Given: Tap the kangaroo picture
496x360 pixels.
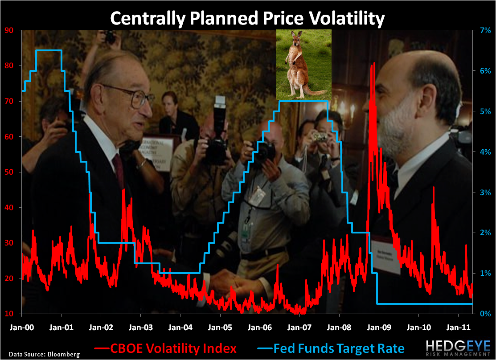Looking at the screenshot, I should (x=303, y=64).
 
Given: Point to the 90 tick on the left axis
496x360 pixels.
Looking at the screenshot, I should (x=9, y=30).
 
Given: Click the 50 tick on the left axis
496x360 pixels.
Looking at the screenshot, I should (x=9, y=172).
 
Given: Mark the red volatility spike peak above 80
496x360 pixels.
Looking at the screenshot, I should (x=373, y=63).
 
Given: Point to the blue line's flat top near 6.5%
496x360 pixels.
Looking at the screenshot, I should (x=49, y=50).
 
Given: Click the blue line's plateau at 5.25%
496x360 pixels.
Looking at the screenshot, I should (x=303, y=101).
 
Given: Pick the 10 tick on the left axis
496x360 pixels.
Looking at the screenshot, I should (x=9, y=314).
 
